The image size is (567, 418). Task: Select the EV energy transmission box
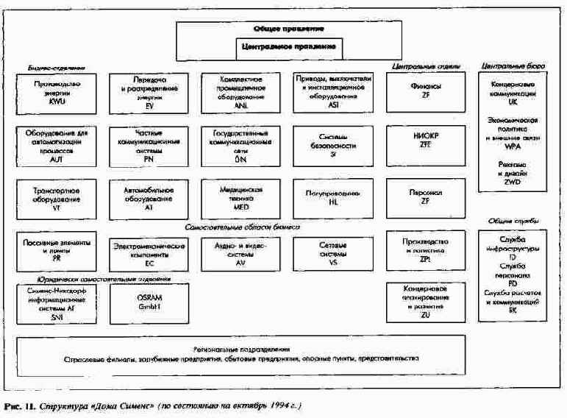tap(149, 93)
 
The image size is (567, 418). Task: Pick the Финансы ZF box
tap(426, 93)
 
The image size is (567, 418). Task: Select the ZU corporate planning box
tap(426, 300)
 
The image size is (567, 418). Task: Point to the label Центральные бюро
tap(512, 66)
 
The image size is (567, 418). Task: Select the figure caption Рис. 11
tap(19, 405)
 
